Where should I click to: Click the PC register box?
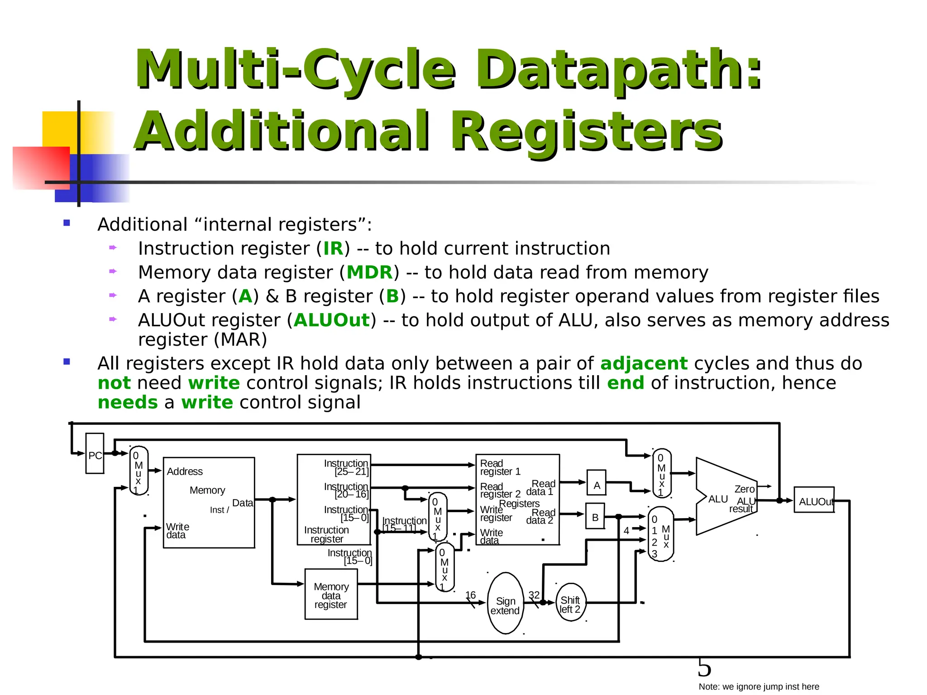point(95,453)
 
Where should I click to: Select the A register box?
point(597,483)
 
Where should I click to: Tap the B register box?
point(595,516)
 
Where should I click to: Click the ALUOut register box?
point(814,500)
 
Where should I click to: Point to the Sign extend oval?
point(505,604)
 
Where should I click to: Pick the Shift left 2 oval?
point(570,603)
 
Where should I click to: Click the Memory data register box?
point(331,594)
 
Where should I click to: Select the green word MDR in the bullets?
point(369,272)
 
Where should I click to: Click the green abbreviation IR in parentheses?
point(333,248)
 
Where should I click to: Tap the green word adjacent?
point(644,363)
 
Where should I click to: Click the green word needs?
point(128,402)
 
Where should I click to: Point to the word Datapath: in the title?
point(618,70)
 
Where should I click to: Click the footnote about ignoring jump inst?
point(759,686)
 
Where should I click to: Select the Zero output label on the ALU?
point(744,489)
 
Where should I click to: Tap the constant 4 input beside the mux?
point(626,530)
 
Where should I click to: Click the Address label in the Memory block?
point(185,471)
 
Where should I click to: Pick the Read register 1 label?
point(500,467)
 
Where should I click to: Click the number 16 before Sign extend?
point(471,595)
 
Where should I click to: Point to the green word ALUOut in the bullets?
point(332,320)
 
